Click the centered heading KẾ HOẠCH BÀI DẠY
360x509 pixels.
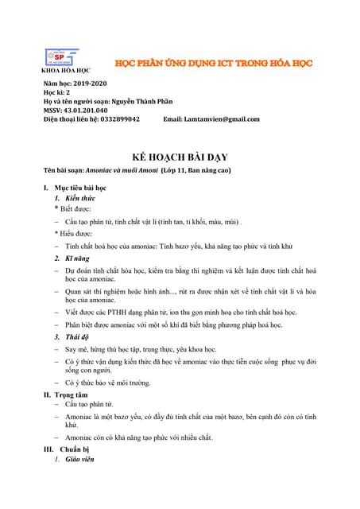tap(180, 157)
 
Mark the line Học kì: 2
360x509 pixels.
tap(58, 92)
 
